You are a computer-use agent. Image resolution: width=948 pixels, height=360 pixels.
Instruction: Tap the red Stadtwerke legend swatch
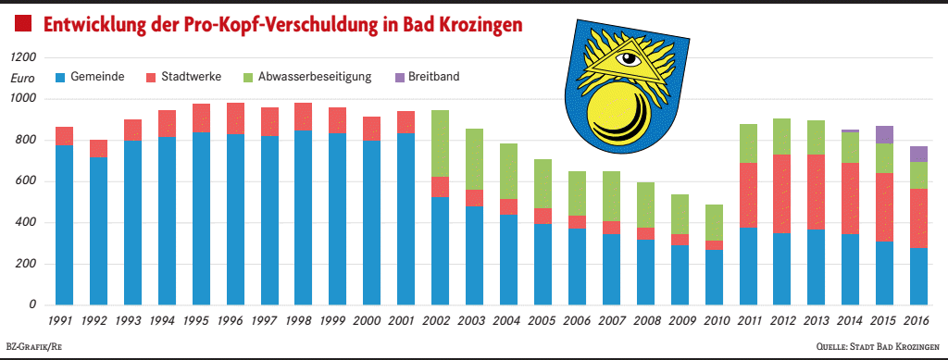pyautogui.click(x=152, y=77)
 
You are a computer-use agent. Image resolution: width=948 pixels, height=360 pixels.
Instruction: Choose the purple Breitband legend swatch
pyautogui.click(x=399, y=77)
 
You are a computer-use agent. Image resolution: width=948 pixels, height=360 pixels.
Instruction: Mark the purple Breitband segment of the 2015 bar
pyautogui.click(x=884, y=134)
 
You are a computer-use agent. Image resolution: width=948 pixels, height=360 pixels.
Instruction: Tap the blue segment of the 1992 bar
pyautogui.click(x=98, y=230)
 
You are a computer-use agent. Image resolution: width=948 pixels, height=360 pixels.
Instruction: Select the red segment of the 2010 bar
pyautogui.click(x=714, y=245)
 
